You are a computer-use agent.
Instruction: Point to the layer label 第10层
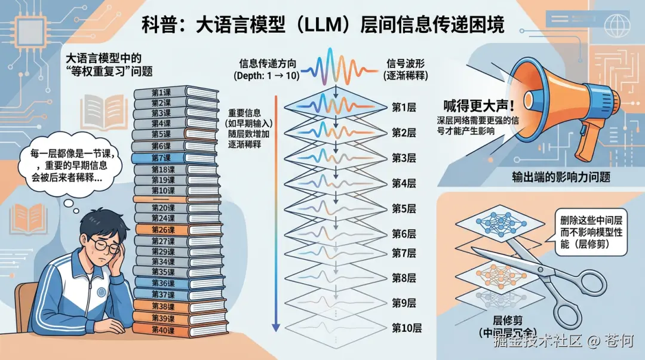407,328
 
